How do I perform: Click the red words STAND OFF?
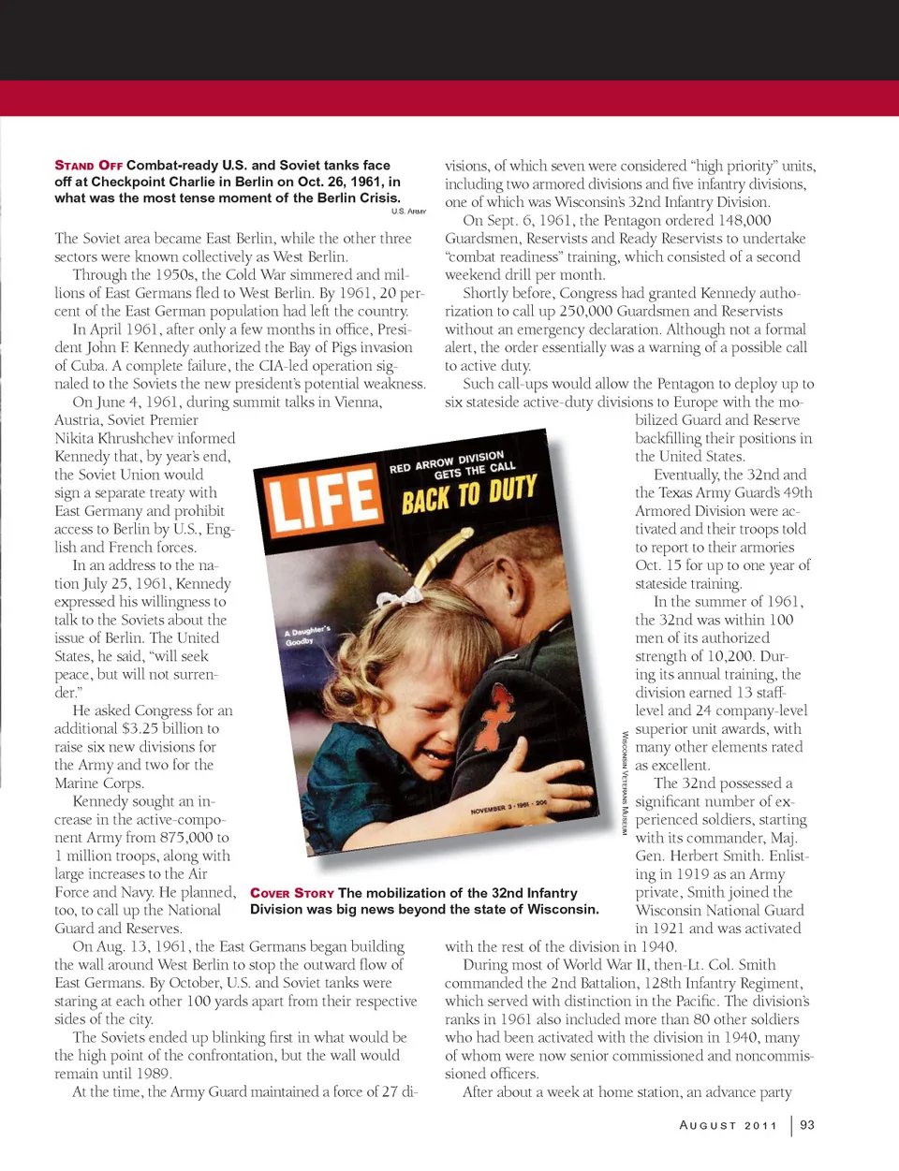coord(88,166)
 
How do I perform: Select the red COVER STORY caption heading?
coord(291,893)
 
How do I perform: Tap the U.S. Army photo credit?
coord(408,212)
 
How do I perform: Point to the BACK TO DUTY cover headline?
coord(469,493)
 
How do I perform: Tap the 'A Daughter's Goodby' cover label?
coord(306,636)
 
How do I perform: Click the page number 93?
coord(807,1125)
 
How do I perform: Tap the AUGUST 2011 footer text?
coord(729,1125)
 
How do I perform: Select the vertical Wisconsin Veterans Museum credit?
coord(625,783)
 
